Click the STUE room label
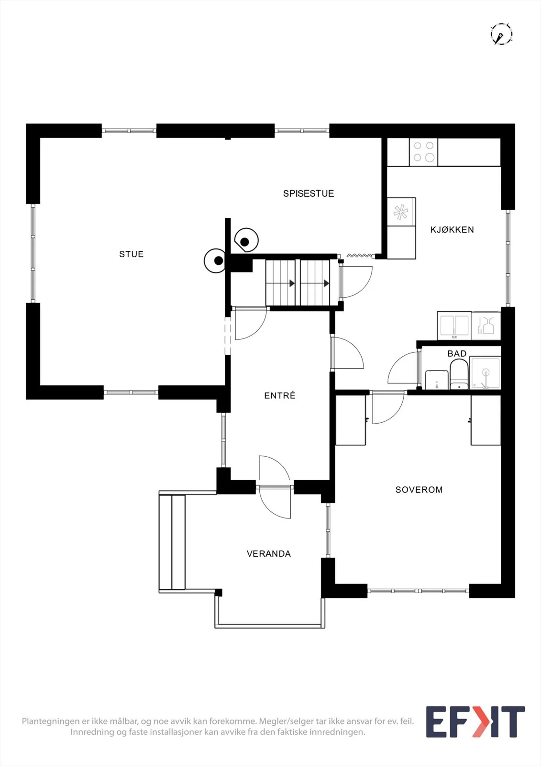(131, 254)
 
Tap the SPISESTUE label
(308, 193)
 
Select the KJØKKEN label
(452, 229)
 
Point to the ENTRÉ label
(279, 395)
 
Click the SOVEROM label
(419, 490)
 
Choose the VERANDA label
(269, 553)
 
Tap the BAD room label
(457, 354)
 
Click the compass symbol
(501, 34)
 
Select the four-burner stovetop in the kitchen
(423, 152)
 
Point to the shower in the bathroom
(485, 372)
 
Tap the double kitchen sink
(454, 326)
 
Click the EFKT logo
(475, 721)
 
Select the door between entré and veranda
(275, 486)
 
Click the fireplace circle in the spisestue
(246, 240)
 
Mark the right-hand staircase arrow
(326, 283)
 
